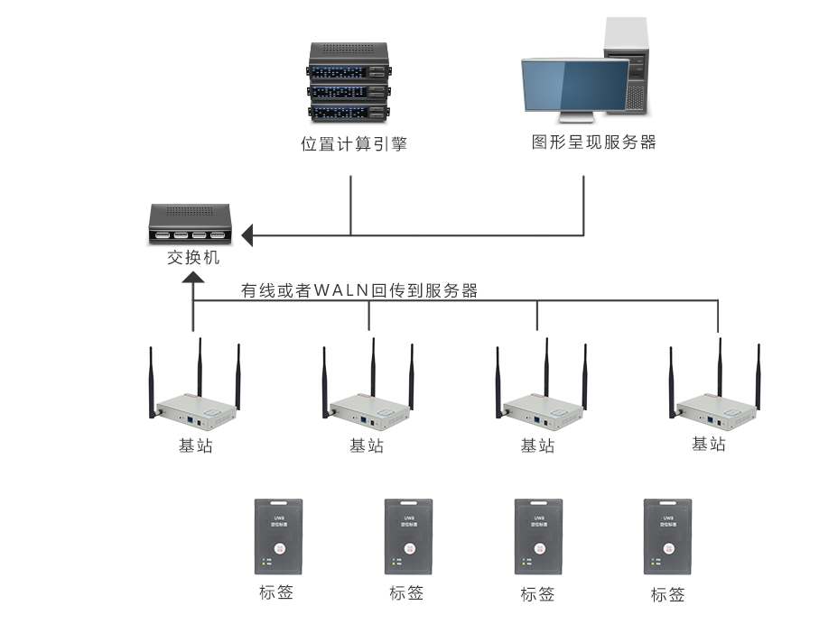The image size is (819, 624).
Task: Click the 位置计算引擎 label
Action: point(354,143)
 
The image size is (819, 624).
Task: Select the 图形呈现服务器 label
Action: point(593,142)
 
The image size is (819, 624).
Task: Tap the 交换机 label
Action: point(192,258)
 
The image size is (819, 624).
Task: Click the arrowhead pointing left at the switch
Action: point(247,236)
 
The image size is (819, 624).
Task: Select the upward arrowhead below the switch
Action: point(193,280)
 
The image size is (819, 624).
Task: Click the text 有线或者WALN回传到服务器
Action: point(358,290)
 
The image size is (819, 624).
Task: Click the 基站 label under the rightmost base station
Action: point(709,444)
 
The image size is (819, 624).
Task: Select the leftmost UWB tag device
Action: point(278,537)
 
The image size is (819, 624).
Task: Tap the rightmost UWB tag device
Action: point(667,537)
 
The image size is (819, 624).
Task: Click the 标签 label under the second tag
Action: point(406,593)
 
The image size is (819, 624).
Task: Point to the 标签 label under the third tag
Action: point(537,594)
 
